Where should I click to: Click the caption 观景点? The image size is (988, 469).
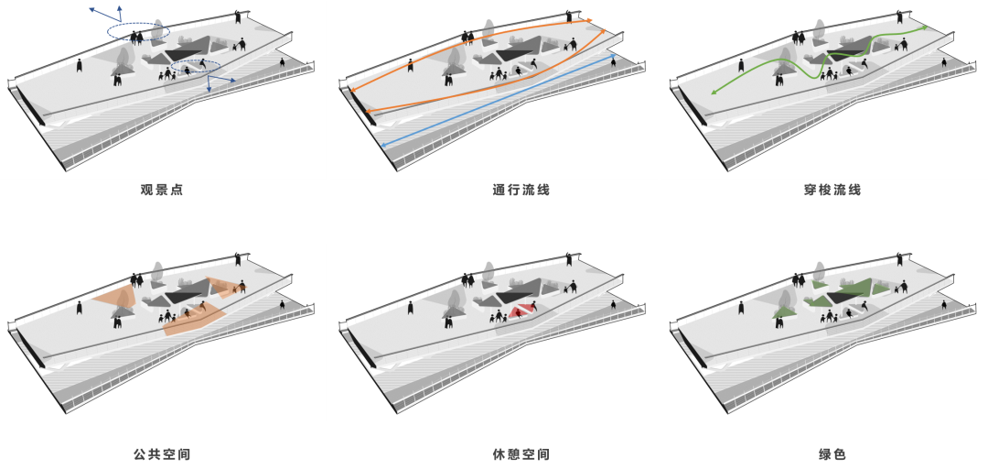pos(162,190)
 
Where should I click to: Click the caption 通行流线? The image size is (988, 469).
pos(521,190)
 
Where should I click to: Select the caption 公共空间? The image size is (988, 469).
pos(162,453)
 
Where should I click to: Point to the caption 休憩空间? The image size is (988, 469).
pos(521,453)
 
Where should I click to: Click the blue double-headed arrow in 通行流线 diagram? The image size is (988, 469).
pos(499,101)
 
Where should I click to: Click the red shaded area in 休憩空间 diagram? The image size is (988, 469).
pos(522,311)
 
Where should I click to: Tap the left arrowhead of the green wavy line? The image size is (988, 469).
pos(714,93)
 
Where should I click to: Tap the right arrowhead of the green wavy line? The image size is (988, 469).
pos(924,27)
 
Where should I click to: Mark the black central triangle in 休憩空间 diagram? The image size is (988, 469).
pos(517,295)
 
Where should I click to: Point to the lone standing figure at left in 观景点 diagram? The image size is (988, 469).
pos(80,64)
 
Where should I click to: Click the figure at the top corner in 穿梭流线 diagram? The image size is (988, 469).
pos(900,16)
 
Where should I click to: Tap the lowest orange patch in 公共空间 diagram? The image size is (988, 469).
pos(193,320)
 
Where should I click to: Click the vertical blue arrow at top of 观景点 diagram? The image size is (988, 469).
pos(118,15)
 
